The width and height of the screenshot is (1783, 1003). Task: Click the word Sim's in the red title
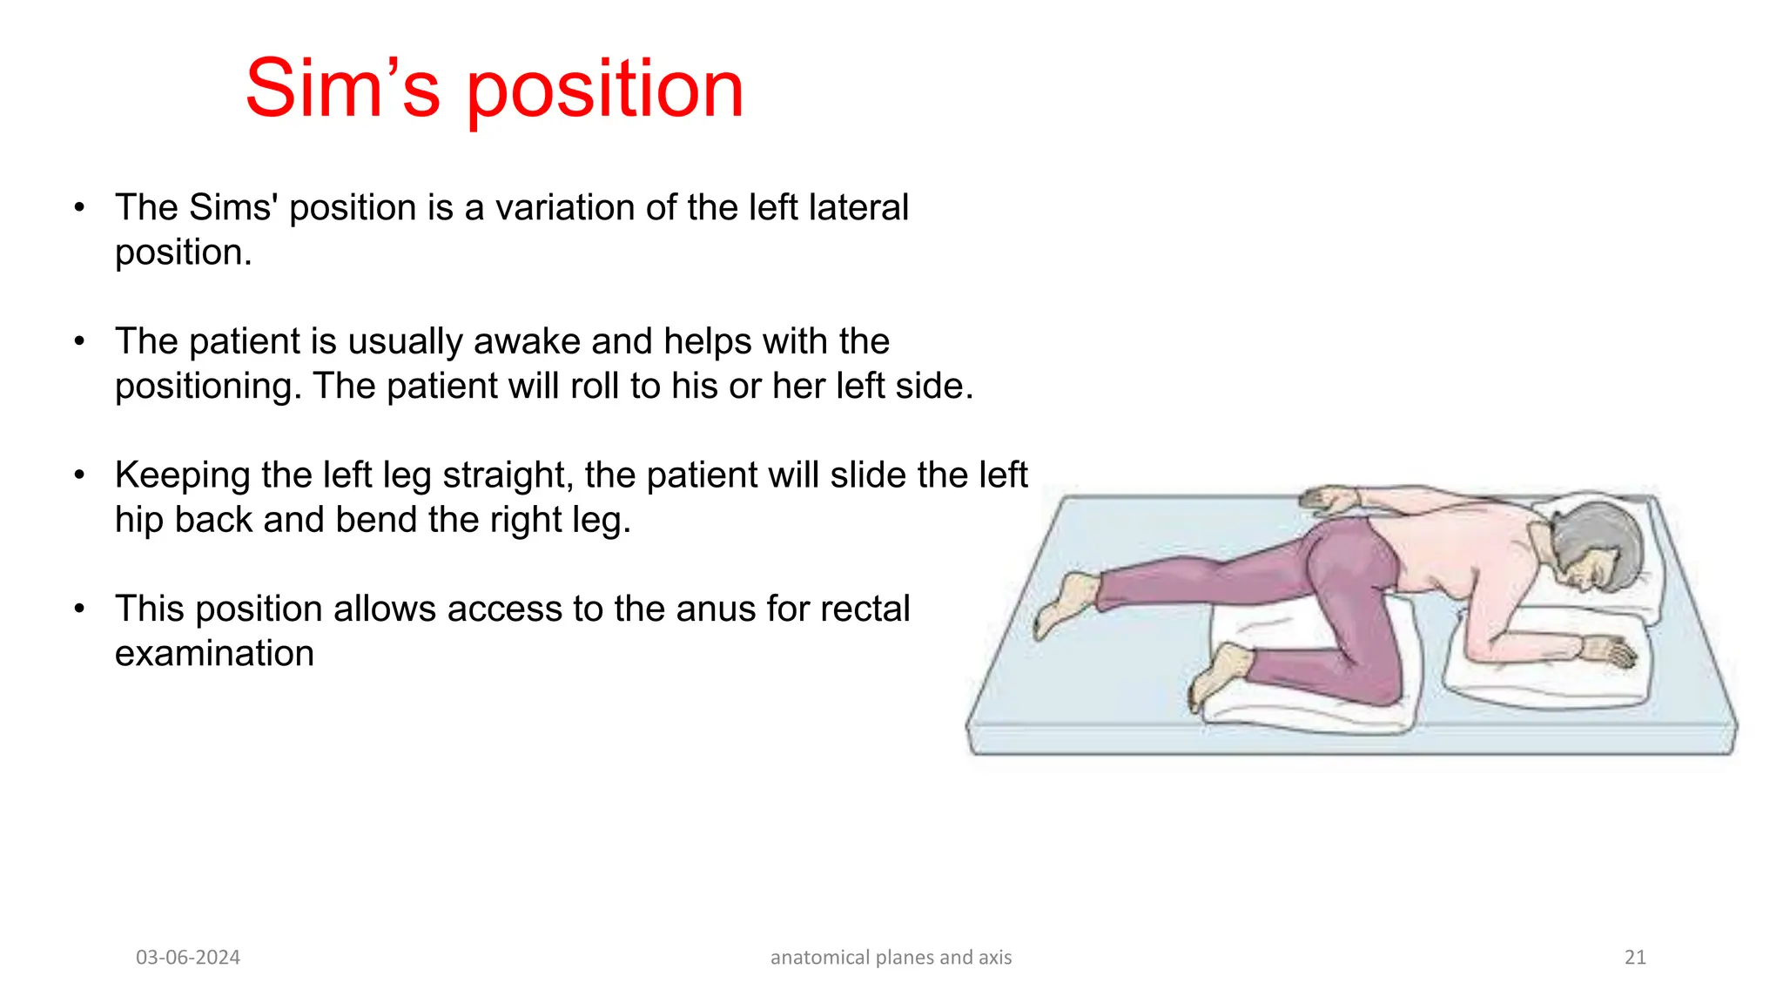(343, 89)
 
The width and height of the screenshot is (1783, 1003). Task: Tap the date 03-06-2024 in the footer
(188, 958)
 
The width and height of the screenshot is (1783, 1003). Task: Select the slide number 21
(1635, 958)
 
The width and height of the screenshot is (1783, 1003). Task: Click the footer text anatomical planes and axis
(891, 958)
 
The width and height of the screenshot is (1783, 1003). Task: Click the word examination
(214, 654)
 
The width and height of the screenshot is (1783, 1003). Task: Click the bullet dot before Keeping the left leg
(79, 475)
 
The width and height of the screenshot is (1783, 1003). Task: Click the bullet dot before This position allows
(79, 609)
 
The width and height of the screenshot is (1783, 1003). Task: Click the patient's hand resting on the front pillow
(1611, 651)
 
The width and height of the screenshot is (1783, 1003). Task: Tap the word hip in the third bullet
(139, 521)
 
